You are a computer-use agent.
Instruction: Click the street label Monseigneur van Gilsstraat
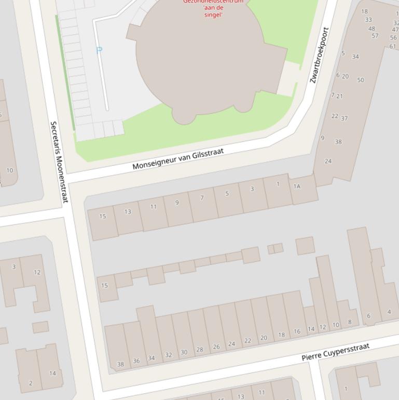coord(177,159)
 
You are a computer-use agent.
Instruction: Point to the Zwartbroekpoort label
coord(319,55)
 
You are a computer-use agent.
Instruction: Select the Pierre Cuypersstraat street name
coord(335,352)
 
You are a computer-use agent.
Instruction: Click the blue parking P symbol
coord(99,50)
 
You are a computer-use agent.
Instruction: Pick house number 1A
coord(297,186)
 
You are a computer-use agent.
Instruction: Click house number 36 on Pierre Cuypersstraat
coord(136,361)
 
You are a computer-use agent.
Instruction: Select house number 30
coord(184,352)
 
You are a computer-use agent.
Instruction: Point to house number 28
coord(199,350)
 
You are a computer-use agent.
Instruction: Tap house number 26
coord(216,346)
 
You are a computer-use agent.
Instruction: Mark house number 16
coord(297,331)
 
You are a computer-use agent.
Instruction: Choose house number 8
coord(350,322)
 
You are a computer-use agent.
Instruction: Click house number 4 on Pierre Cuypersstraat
coord(389,312)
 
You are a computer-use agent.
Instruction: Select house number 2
coord(30,383)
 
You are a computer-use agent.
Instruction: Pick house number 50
coord(361,80)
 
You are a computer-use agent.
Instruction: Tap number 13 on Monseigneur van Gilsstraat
coord(128,211)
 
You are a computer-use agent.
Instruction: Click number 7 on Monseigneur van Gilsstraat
coord(202,198)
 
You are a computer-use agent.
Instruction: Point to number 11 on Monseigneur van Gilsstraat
coord(153,207)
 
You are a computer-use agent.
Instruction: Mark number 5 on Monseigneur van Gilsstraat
coord(227,194)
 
